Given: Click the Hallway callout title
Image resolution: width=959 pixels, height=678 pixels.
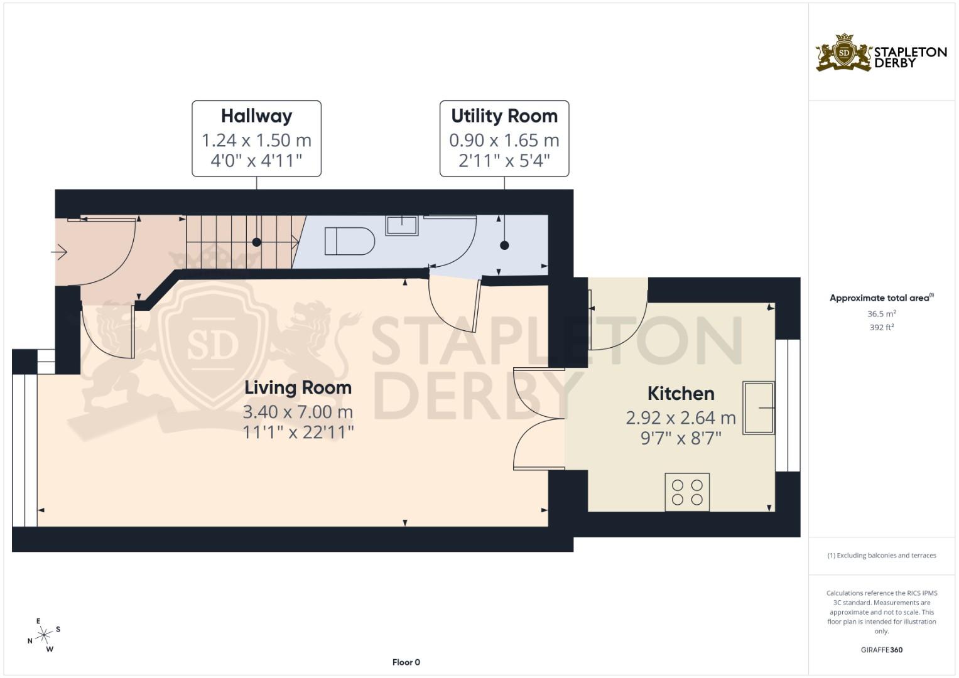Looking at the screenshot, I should (256, 116).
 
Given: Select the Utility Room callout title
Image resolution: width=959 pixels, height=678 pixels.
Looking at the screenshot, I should (504, 116).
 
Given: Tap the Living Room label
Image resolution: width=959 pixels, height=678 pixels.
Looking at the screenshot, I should (298, 388).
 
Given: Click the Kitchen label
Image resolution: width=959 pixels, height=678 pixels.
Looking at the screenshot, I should (681, 394).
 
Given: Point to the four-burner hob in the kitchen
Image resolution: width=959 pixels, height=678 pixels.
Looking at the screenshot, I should (687, 492).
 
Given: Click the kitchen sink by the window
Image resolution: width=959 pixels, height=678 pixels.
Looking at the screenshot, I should (759, 408).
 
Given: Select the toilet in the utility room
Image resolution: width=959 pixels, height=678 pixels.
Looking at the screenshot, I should (349, 241).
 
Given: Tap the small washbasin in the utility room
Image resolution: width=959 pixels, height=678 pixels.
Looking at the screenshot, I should (401, 225).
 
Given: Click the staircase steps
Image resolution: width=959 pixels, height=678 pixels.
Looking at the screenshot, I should (239, 242).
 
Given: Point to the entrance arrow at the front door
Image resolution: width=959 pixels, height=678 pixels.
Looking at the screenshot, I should (59, 252).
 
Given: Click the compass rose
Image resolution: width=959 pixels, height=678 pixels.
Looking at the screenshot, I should (44, 635).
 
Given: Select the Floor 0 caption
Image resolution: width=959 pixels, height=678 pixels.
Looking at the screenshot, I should (406, 662).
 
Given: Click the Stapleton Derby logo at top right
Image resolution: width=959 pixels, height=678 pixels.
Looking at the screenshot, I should (881, 53).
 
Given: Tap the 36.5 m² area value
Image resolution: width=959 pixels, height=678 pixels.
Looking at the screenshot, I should (881, 314).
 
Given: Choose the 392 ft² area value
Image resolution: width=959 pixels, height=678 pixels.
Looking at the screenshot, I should (881, 327).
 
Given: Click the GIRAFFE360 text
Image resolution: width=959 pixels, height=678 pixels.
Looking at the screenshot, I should (881, 650).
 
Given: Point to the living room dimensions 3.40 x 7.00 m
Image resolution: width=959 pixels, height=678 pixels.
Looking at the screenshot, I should (298, 412).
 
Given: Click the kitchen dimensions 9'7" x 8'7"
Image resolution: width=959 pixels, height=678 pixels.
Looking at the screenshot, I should (681, 438).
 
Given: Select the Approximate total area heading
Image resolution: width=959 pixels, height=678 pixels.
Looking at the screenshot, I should (880, 298).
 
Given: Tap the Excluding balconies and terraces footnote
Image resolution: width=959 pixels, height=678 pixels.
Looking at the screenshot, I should (881, 556).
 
